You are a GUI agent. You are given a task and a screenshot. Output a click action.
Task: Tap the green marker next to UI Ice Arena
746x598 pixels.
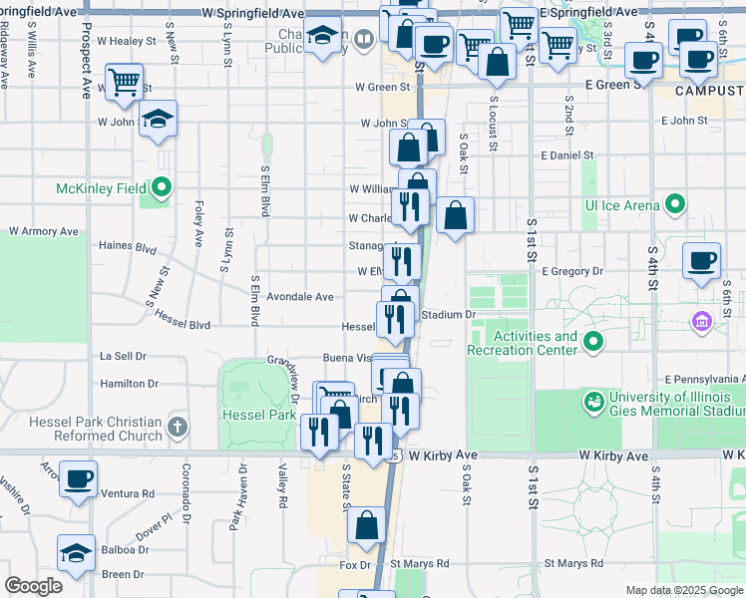point(675,205)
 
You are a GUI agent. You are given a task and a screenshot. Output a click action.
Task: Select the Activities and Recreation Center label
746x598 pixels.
point(537,343)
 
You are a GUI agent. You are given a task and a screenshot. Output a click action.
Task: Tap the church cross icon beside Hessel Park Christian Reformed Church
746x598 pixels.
point(178,428)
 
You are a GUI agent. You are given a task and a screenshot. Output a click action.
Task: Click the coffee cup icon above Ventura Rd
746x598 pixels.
point(78,478)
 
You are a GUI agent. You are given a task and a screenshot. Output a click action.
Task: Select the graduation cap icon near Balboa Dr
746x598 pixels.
point(77,552)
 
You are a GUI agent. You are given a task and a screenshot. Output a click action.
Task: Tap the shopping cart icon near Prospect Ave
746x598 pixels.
point(124,83)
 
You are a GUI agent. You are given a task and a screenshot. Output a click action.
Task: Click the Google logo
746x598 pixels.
point(34,587)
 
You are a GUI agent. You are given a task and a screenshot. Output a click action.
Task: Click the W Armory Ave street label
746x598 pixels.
point(44,231)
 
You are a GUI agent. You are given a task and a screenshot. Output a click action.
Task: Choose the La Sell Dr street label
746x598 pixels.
point(123,356)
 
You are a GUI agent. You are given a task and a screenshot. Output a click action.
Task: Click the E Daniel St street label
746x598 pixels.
point(566,156)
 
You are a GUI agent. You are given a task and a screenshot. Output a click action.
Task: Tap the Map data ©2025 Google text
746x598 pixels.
point(683,590)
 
